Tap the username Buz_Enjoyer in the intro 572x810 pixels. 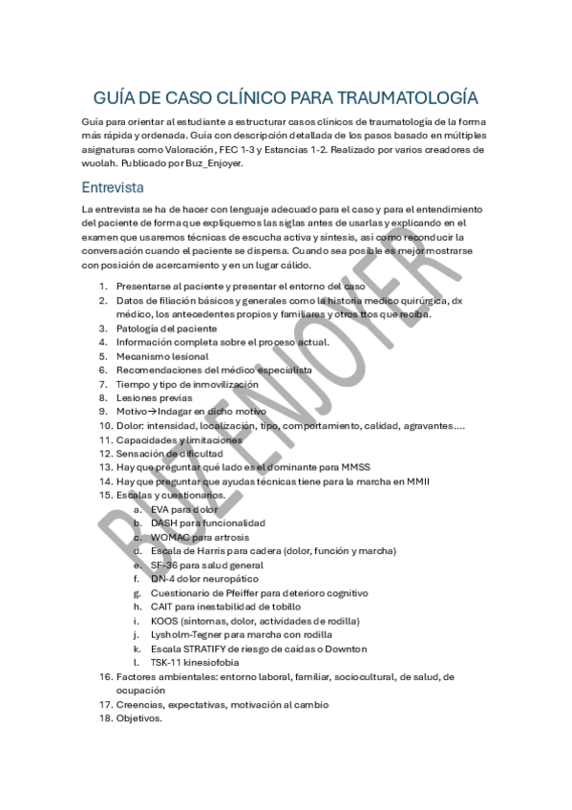217,163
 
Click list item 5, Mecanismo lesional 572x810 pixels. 161,355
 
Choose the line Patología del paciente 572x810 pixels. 166,328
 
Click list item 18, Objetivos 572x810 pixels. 139,718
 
